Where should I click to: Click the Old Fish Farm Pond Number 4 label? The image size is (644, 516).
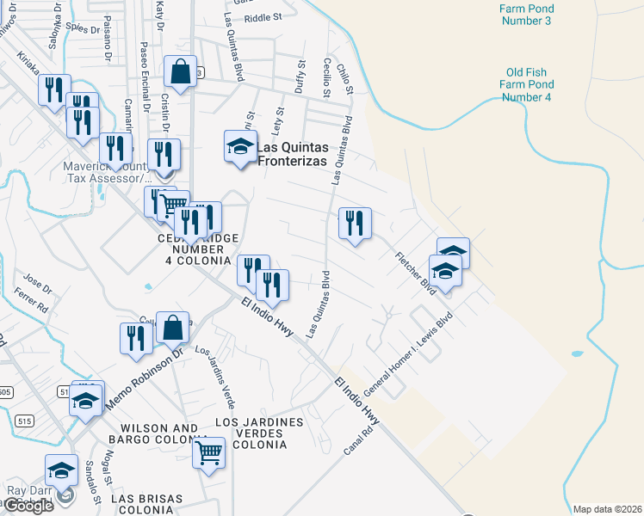pos(527,85)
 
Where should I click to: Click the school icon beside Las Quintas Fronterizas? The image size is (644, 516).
pos(241,147)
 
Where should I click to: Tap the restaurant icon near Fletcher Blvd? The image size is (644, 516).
pos(355,224)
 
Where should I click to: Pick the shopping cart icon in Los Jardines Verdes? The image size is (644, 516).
pos(209,453)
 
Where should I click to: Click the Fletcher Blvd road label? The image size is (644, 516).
pos(416,274)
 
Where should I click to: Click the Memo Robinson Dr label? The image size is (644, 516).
pos(145,378)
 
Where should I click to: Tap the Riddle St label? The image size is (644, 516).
pos(263,16)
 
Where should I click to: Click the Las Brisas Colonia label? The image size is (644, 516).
pos(147,504)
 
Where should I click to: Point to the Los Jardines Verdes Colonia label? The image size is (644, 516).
pos(258,433)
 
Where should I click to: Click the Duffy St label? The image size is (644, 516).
pos(300,77)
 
